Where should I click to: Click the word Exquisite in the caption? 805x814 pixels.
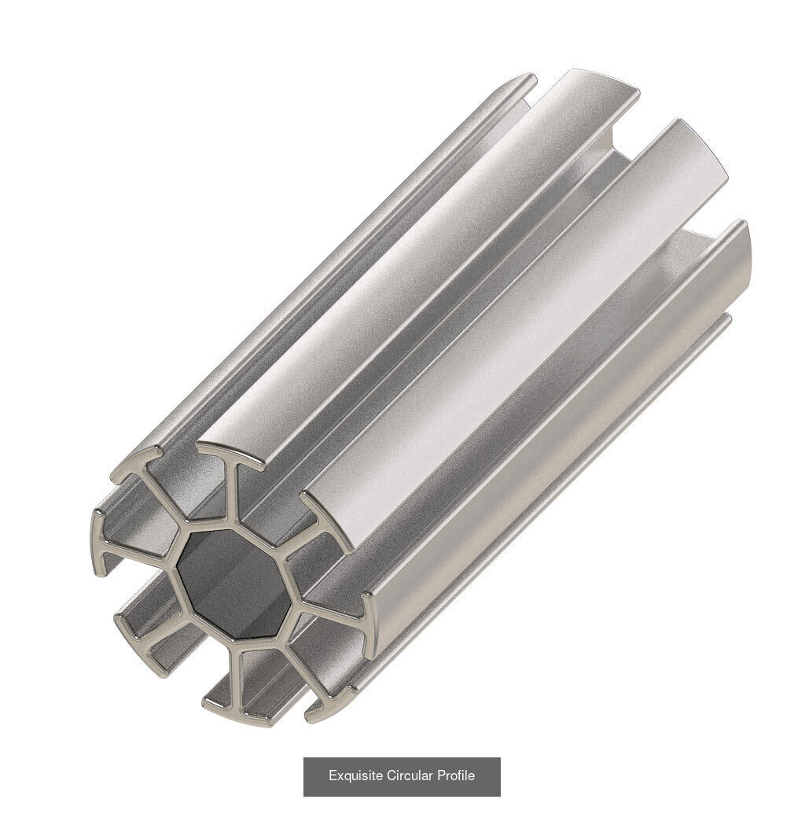pyautogui.click(x=356, y=776)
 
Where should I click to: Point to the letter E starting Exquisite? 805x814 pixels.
pyautogui.click(x=333, y=776)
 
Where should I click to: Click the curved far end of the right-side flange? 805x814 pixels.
pyautogui.click(x=743, y=252)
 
